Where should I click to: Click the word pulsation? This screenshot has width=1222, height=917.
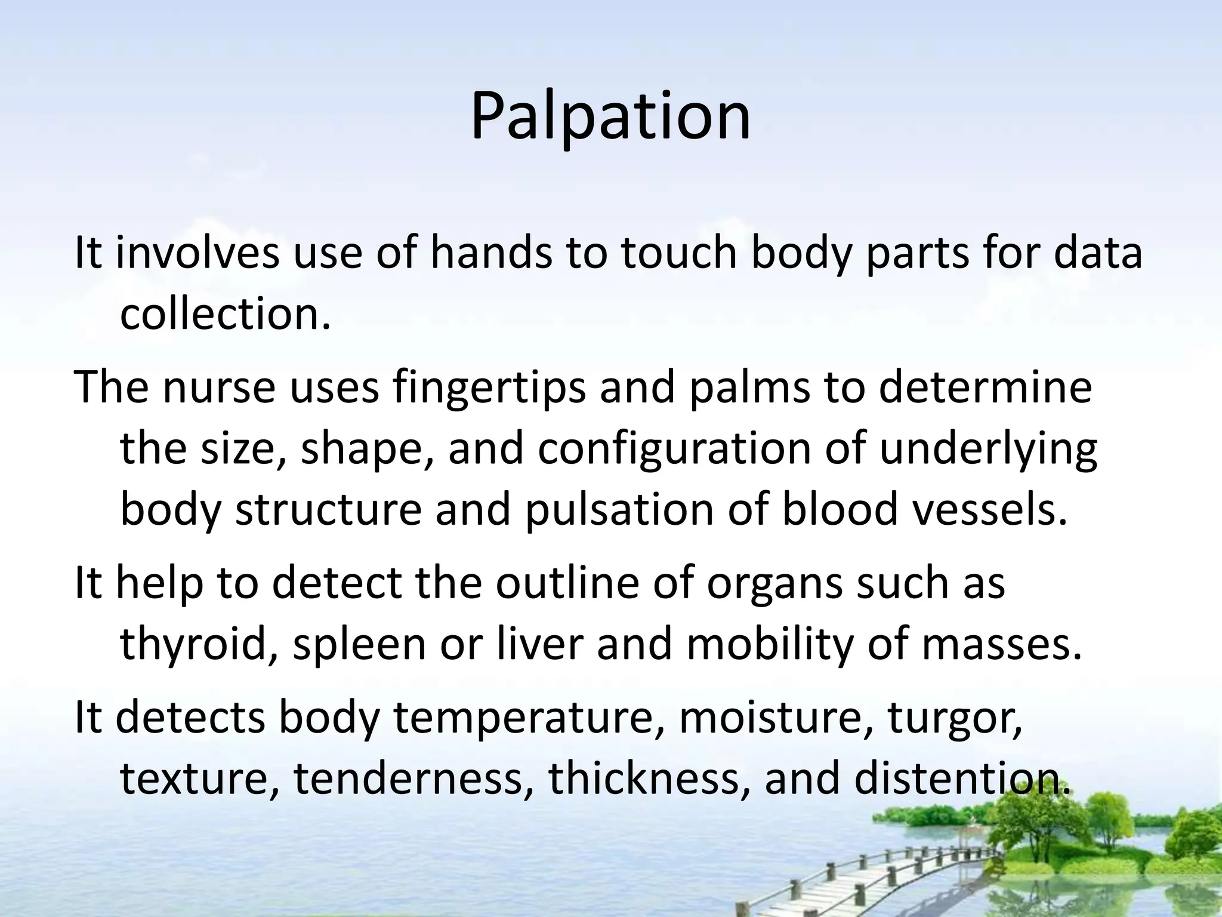point(619,510)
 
